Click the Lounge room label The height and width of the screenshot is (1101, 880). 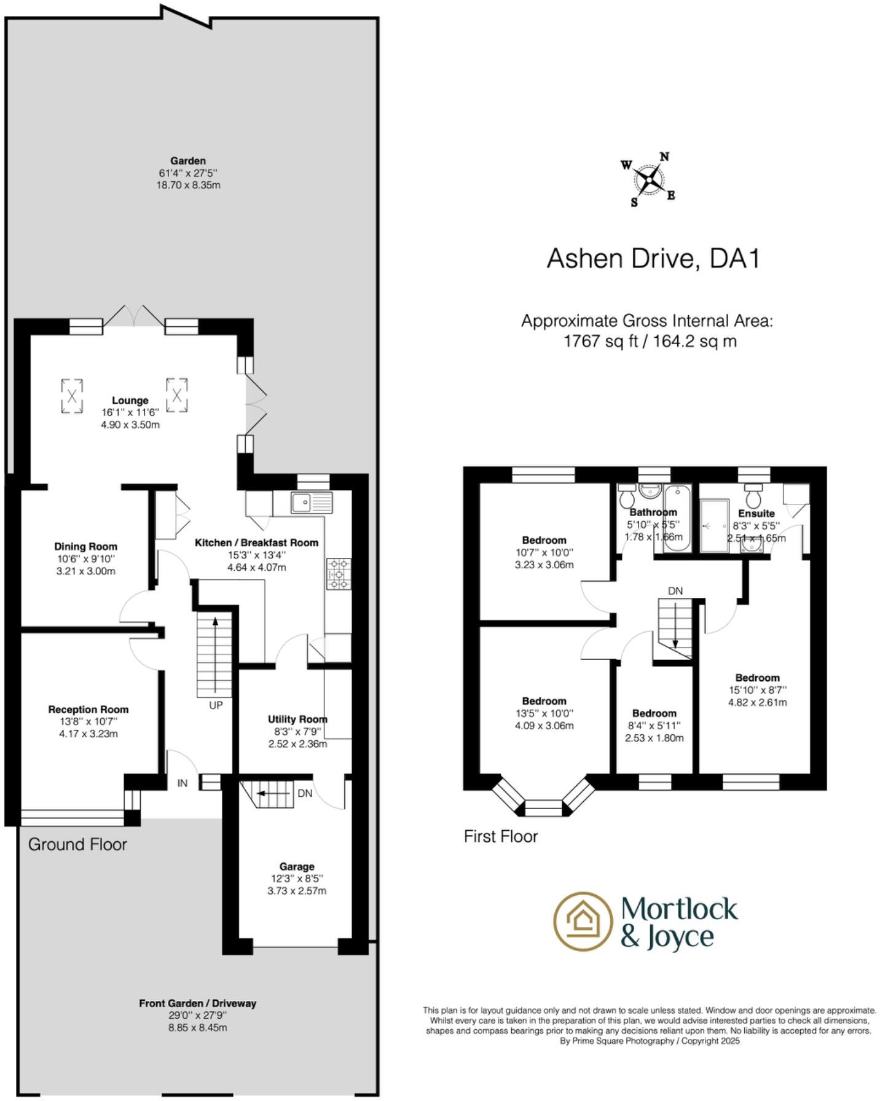click(x=130, y=401)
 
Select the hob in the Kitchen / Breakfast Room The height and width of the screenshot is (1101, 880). click(x=339, y=574)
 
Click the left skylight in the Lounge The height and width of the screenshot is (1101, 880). click(x=72, y=396)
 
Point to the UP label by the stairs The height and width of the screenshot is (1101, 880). click(x=216, y=705)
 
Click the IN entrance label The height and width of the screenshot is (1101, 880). click(x=183, y=783)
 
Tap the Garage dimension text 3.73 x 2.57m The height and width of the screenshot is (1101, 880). click(x=297, y=891)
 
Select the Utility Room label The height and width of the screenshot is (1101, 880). click(x=297, y=719)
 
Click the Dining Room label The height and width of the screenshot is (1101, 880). click(x=85, y=547)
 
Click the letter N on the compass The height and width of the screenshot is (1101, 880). click(x=664, y=157)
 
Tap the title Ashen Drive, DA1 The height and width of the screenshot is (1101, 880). click(x=653, y=258)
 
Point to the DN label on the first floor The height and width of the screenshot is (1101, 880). click(x=675, y=591)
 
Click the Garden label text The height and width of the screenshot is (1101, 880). click(x=188, y=161)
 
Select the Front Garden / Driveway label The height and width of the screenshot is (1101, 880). click(x=197, y=1003)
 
